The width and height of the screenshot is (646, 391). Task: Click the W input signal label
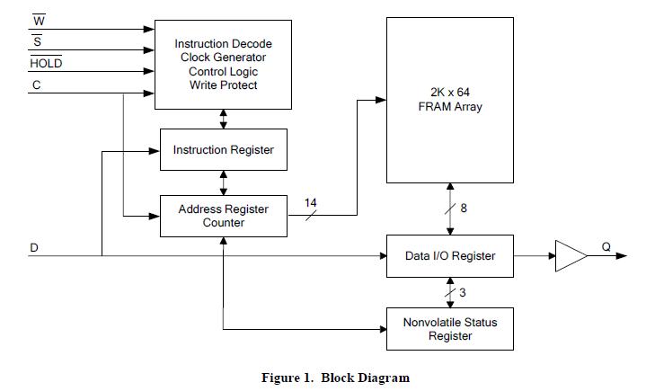tap(39, 22)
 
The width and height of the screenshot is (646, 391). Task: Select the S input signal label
tap(38, 42)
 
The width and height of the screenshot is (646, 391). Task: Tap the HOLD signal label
tap(46, 64)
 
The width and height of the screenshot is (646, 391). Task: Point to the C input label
tap(37, 85)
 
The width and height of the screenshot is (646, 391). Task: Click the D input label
tap(33, 246)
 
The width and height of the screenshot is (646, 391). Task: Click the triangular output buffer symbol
tap(570, 256)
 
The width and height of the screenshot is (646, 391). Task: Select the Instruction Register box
tap(223, 149)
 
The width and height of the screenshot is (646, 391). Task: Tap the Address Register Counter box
tap(223, 216)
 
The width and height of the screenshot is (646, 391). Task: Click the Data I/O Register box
tap(449, 256)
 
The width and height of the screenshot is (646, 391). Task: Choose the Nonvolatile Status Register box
tap(449, 329)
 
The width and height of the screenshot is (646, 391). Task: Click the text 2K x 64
tap(450, 92)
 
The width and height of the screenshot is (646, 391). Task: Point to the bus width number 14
tap(311, 203)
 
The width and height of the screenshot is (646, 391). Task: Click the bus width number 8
tap(463, 209)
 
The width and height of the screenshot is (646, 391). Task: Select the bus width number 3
tap(462, 292)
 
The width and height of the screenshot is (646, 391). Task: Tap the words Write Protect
tap(223, 85)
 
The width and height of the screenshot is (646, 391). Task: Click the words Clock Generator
tap(223, 58)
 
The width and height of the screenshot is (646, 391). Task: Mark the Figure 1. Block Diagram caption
tap(334, 378)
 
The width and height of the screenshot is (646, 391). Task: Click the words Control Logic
tap(223, 71)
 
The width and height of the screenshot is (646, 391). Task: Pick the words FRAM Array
tap(450, 106)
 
